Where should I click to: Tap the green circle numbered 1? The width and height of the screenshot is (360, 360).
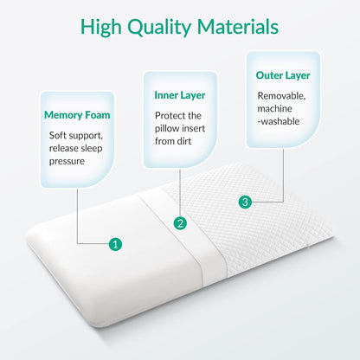pyautogui.click(x=115, y=244)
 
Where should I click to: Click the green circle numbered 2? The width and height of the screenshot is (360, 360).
pyautogui.click(x=181, y=222)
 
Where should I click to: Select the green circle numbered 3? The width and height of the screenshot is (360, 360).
pyautogui.click(x=246, y=202)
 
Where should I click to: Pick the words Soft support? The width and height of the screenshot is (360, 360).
pyautogui.click(x=77, y=135)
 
